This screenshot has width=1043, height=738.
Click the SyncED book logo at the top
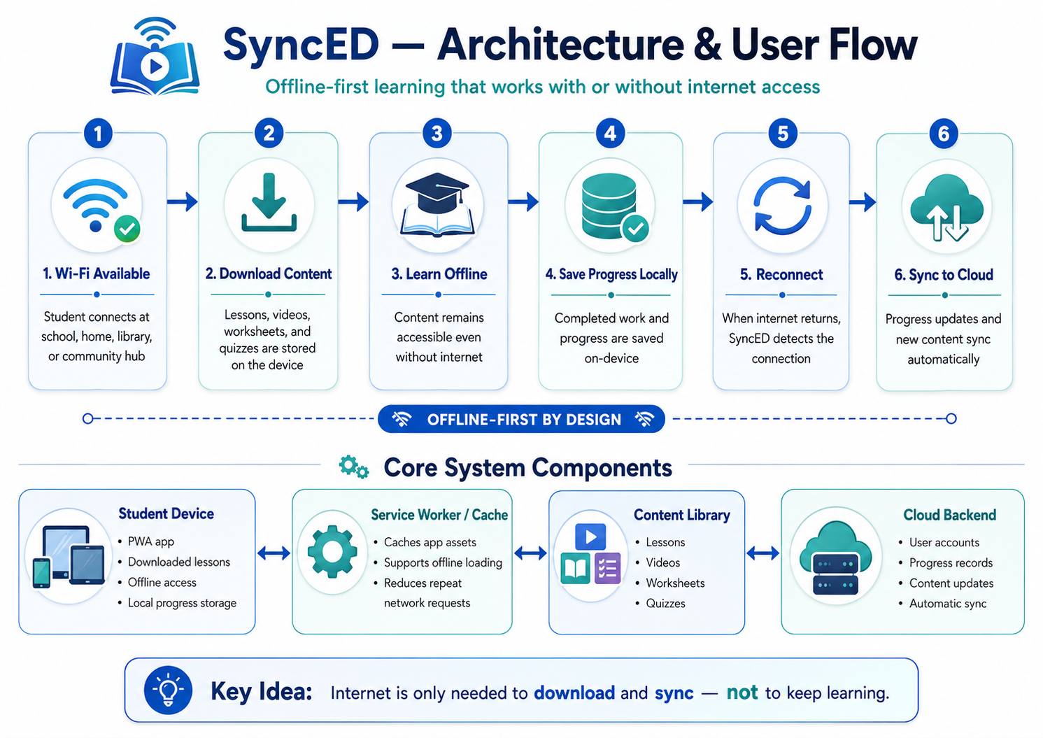pos(155,56)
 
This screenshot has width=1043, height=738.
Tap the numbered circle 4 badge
pos(610,134)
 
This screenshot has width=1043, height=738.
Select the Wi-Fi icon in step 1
pos(96,205)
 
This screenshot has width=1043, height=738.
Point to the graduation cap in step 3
pos(437,192)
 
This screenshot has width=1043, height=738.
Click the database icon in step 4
pos(609,206)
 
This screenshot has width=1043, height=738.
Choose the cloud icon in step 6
pos(946,207)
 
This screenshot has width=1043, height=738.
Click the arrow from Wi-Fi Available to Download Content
pos(183,201)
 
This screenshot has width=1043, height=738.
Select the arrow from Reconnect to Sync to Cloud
pos(863,202)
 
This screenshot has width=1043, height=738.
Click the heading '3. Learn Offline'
pos(439,274)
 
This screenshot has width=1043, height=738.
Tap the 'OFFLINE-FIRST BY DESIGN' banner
pos(522,419)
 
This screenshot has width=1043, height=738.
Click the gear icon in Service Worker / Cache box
pos(332,552)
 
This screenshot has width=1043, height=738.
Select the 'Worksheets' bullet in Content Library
pos(675,583)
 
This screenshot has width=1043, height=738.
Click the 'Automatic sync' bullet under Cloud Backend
pos(948,604)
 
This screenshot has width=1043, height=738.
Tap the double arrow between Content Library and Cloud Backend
pos(762,553)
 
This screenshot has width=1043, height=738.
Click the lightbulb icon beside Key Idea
pos(168,690)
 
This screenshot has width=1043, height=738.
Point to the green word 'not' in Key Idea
pos(742,693)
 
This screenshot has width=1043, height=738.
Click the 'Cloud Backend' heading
pos(950,515)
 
